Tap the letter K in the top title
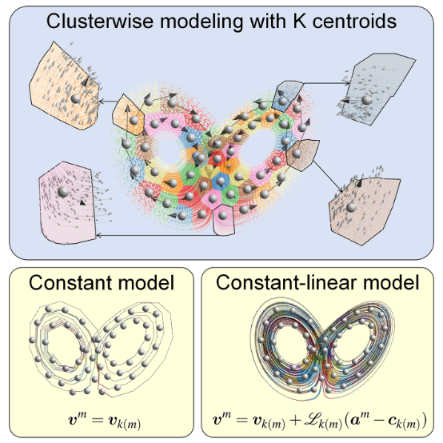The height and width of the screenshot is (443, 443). (x=300, y=21)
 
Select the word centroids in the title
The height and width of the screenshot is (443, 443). (x=354, y=21)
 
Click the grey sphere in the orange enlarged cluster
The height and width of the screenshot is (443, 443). (x=75, y=98)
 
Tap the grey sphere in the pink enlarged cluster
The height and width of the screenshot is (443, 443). (x=63, y=192)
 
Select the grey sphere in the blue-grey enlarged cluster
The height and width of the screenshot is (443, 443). (x=367, y=100)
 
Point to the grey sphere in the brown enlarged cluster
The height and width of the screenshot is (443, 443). (x=352, y=207)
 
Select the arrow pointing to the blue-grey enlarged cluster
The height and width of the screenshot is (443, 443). (x=327, y=83)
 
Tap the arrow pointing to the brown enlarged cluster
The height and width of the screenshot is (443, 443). (x=328, y=177)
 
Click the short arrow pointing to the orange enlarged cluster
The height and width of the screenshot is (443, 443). (x=108, y=101)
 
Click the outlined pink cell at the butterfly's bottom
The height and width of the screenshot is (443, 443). (x=224, y=221)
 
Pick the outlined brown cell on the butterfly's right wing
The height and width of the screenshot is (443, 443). (x=302, y=155)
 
